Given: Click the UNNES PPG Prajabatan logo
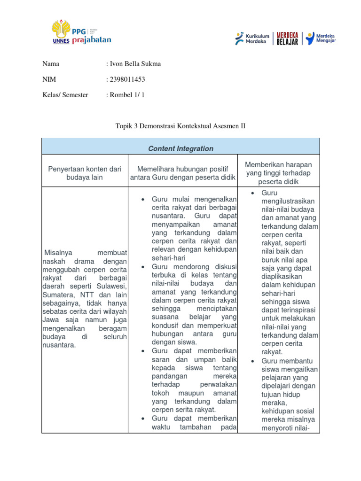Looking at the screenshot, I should (82, 31).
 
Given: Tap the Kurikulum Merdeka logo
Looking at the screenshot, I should (252, 38).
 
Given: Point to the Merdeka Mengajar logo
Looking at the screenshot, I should (321, 38).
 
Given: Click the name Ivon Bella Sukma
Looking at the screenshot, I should (135, 64).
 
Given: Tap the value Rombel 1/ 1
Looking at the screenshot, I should (127, 95).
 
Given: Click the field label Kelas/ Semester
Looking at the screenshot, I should (65, 95).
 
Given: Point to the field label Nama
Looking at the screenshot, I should (51, 64).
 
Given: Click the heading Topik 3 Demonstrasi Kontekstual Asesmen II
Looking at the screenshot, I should (180, 126).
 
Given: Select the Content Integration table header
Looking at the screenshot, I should (180, 148).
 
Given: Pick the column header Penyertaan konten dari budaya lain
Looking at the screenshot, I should (85, 173).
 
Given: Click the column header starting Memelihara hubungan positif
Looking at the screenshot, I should (182, 173).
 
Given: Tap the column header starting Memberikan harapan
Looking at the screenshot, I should (279, 173).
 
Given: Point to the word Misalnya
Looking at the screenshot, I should (58, 253).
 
